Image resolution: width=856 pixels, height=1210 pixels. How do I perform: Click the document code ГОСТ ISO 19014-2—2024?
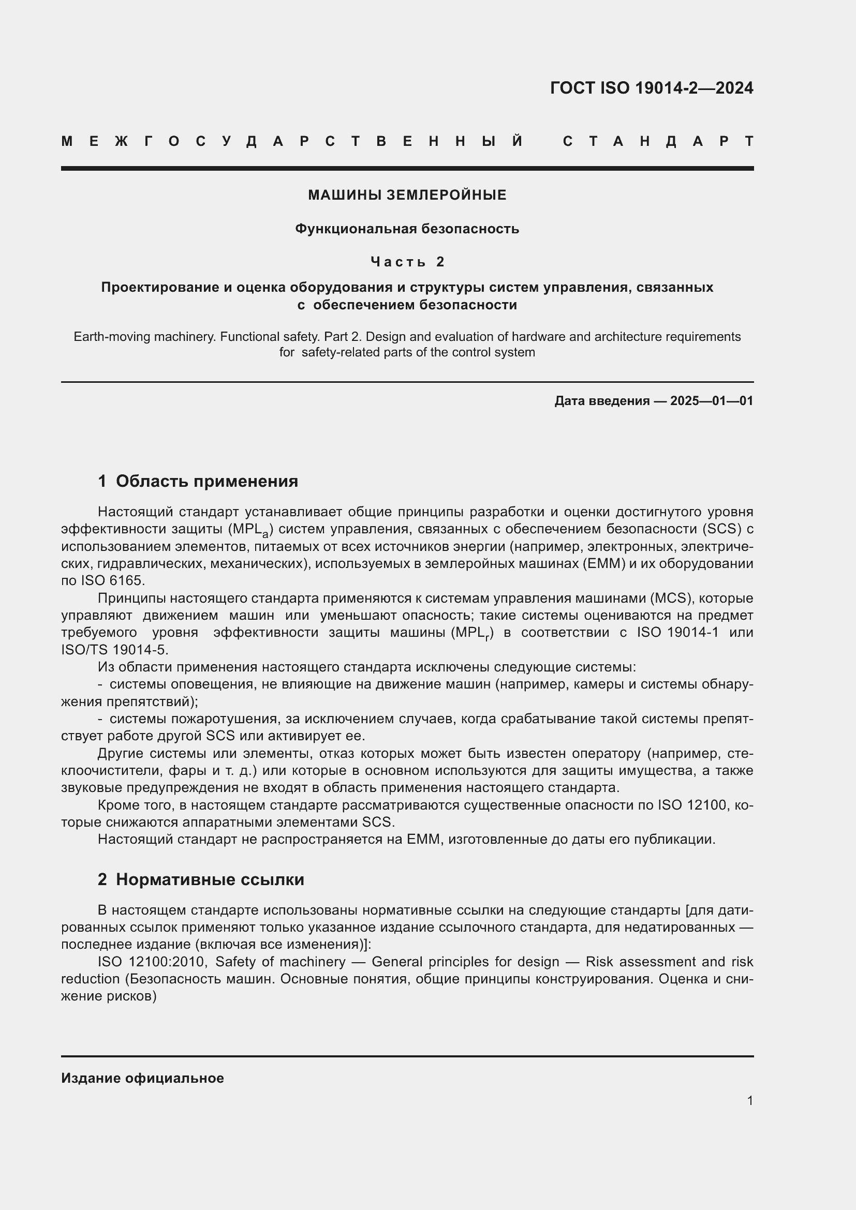point(652,88)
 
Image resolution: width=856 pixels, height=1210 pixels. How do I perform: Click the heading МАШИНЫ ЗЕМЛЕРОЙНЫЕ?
point(407,195)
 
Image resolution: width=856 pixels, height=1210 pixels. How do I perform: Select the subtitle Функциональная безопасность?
point(407,229)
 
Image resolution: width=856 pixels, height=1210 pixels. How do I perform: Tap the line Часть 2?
point(407,261)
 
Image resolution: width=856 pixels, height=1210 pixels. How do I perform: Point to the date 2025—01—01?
point(711,401)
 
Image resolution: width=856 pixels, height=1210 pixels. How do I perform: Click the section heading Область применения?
point(206,481)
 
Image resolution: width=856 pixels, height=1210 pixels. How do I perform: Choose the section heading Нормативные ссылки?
point(210,879)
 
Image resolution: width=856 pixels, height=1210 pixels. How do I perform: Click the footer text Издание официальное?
point(142,1078)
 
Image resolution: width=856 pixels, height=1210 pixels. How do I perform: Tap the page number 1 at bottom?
point(750,1100)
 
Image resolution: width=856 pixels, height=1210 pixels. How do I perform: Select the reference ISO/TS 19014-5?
point(114,650)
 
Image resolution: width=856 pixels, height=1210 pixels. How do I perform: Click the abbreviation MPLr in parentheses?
point(473,633)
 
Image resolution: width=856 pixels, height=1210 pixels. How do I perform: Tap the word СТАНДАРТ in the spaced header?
point(658,141)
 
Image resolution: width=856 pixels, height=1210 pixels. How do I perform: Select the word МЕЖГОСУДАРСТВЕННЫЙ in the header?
point(292,141)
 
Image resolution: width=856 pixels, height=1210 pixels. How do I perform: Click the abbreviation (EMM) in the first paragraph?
point(603,564)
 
